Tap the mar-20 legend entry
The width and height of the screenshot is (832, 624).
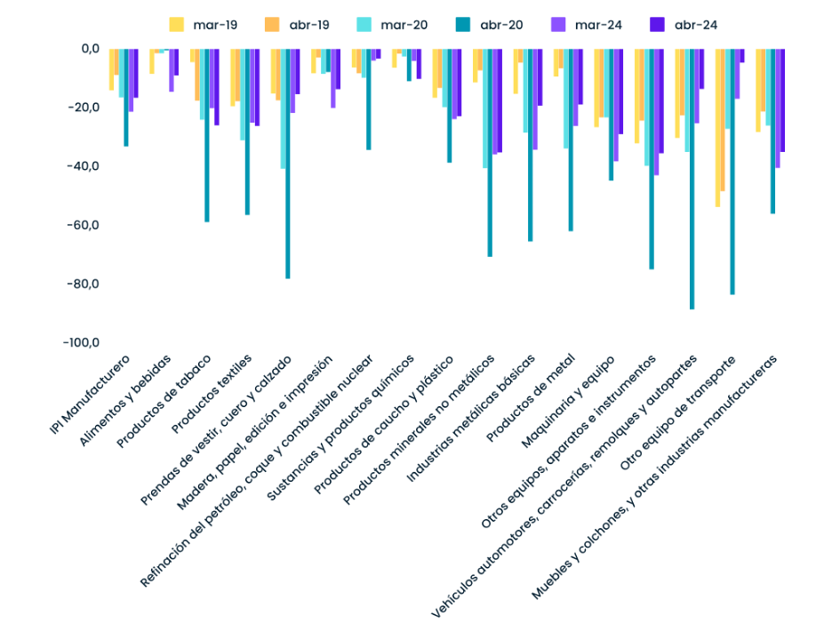(x=390, y=24)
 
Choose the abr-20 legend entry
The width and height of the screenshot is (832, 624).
(x=485, y=24)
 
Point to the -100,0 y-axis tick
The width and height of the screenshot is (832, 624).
(x=79, y=343)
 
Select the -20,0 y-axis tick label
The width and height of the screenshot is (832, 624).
(x=82, y=108)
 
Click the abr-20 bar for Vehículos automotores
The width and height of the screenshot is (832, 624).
(x=692, y=178)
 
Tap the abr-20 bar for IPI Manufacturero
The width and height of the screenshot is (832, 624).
(x=126, y=98)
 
